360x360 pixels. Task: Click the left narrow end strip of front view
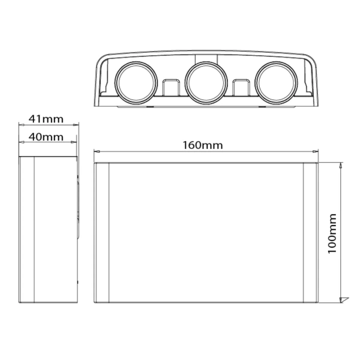[x=100, y=233]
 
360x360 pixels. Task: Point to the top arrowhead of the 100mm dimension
[x=341, y=166]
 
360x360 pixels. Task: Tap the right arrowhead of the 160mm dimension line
[x=314, y=151]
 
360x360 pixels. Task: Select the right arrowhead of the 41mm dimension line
[x=76, y=125]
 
